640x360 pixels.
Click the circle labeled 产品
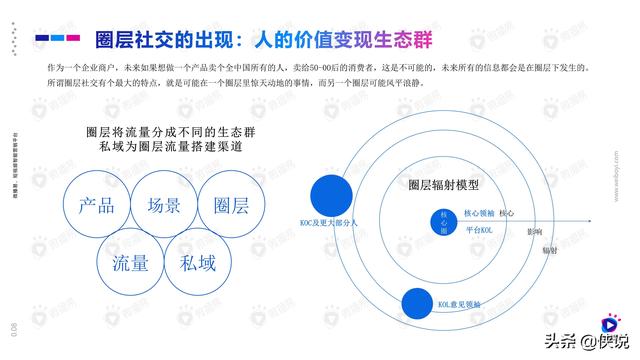pos(95,206)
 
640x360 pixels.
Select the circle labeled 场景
pos(163,206)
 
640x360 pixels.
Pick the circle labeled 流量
pos(130,263)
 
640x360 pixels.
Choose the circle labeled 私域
pos(198,263)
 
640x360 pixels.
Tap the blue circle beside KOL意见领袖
pos(416,302)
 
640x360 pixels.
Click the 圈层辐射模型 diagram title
pos(444,186)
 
